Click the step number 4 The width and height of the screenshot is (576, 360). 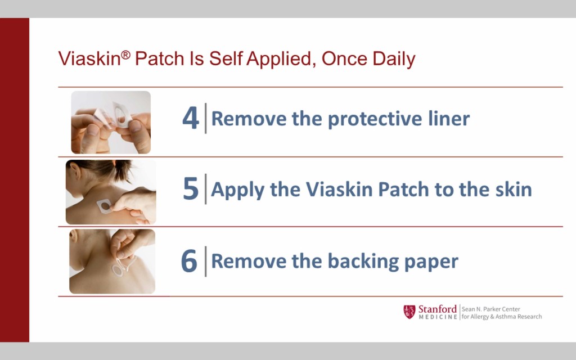coord(190,118)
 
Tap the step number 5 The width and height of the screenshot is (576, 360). coord(191,188)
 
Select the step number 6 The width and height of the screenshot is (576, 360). coord(189,260)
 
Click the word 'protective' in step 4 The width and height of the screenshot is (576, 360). coord(375,119)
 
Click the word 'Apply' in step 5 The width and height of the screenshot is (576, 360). coord(237,190)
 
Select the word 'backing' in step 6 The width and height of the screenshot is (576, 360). coord(363,262)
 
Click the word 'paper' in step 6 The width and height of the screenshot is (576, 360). coord(431,262)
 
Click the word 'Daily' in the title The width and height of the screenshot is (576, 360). coord(394,59)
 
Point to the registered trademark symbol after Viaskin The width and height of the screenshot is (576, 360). coord(125,55)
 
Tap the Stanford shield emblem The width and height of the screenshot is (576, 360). coord(409,312)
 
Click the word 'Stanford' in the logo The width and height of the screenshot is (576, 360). coord(437,309)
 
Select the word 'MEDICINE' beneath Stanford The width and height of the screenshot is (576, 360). coord(438,317)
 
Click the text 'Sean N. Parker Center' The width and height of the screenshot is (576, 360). coord(490,309)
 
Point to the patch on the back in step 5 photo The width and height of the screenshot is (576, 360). coord(104,206)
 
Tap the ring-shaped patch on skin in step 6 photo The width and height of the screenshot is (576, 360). coord(118,271)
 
